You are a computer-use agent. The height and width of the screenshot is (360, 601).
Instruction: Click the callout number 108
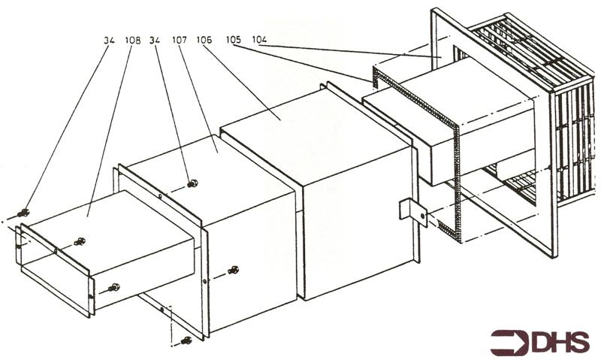pyautogui.click(x=133, y=40)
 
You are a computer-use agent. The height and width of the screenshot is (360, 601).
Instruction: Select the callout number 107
pyautogui.click(x=180, y=40)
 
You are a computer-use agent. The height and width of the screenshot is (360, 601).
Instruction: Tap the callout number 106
pyautogui.click(x=204, y=39)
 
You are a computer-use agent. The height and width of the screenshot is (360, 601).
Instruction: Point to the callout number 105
pyautogui.click(x=234, y=39)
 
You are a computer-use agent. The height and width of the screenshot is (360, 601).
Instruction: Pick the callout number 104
pyautogui.click(x=259, y=39)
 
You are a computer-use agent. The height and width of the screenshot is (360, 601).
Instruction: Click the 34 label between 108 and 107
pyautogui.click(x=155, y=40)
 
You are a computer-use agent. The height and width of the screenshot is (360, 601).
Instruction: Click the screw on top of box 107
pyautogui.click(x=192, y=183)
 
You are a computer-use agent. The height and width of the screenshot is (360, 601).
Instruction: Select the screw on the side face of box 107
pyautogui.click(x=233, y=270)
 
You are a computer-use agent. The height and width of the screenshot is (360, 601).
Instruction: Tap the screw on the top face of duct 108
pyautogui.click(x=80, y=241)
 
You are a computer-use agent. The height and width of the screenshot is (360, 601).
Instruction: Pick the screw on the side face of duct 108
pyautogui.click(x=114, y=287)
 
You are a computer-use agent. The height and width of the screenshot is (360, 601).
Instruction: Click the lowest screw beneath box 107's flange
pyautogui.click(x=186, y=340)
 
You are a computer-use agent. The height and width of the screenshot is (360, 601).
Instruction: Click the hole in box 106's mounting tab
pyautogui.click(x=423, y=216)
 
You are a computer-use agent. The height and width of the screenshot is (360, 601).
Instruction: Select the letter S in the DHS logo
pyautogui.click(x=579, y=342)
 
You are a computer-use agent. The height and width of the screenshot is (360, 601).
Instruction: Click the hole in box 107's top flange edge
pyautogui.click(x=160, y=196)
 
